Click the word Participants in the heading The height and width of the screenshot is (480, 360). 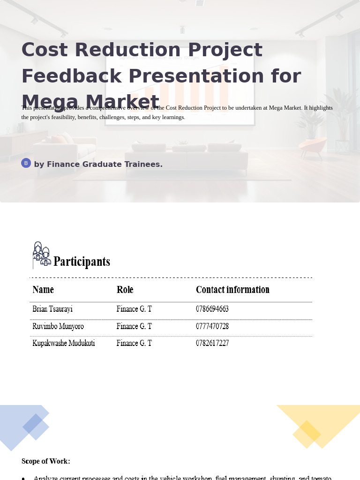82,262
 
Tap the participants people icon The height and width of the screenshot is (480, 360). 41,255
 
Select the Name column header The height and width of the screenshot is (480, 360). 43,290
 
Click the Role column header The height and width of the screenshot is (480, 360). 125,290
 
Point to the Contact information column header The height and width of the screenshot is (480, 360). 232,290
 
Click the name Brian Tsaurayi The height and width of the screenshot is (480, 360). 52,309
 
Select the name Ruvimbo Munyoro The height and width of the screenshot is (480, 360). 58,326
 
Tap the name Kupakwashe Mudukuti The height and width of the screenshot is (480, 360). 64,343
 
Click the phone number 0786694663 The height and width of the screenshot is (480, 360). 212,309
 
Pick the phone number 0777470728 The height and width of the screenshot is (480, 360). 212,326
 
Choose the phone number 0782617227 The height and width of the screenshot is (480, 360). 212,343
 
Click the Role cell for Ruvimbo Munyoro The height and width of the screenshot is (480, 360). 134,326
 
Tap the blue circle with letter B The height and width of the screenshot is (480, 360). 26,163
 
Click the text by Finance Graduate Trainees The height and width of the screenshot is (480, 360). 98,165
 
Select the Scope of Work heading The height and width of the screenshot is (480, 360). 46,461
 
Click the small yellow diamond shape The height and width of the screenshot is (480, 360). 307,434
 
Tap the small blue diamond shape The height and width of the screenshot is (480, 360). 36,427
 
